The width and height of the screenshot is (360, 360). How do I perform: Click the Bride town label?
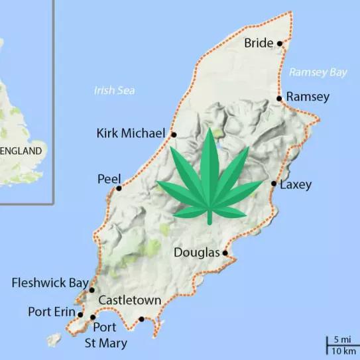(259, 44)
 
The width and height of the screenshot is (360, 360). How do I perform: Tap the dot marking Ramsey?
(280, 98)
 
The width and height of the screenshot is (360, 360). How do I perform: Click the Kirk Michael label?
(130, 134)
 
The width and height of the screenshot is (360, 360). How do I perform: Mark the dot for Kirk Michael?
(174, 135)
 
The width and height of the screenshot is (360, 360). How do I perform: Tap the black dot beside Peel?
(119, 188)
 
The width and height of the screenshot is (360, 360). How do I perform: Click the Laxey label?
(296, 185)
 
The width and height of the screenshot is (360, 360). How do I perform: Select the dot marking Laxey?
(274, 183)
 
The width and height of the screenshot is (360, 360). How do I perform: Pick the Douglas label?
(197, 252)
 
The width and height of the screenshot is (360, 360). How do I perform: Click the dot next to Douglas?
(225, 253)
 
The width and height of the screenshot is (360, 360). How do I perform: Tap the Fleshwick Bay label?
(50, 283)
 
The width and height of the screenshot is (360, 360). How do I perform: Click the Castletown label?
(129, 301)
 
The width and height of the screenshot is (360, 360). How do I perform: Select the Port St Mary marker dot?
(93, 318)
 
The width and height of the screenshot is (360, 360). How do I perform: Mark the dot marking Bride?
(280, 44)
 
